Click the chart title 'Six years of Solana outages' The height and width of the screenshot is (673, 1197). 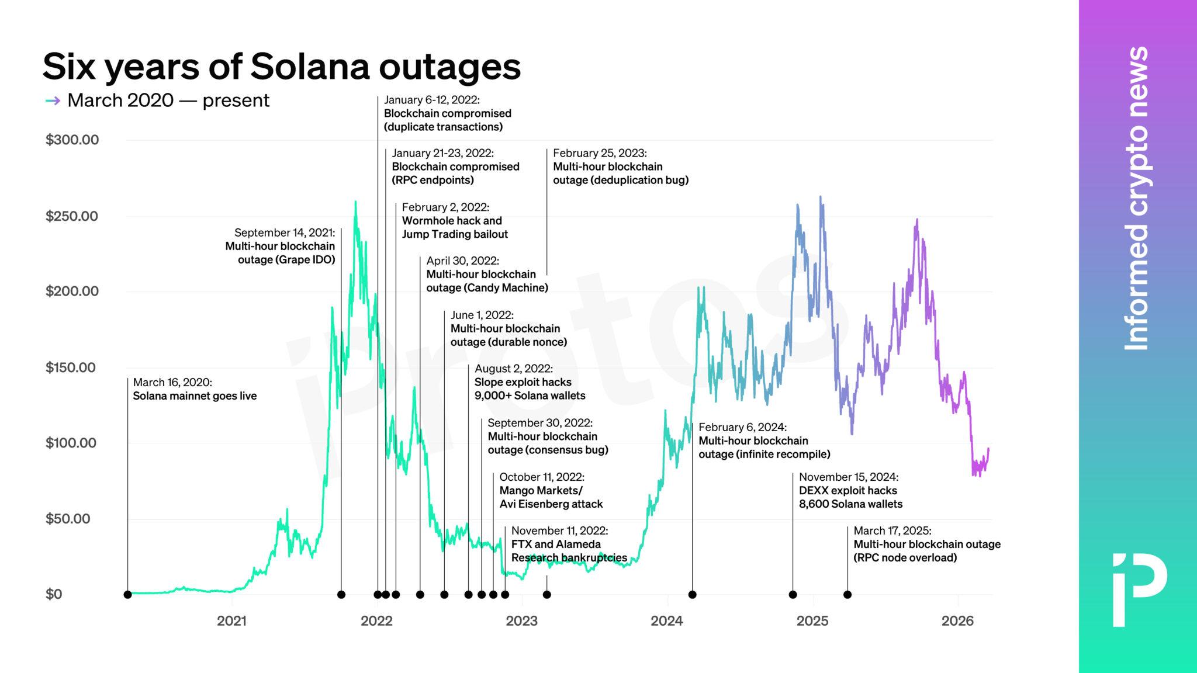[x=281, y=67]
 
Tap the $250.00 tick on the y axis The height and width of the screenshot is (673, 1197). [x=72, y=216]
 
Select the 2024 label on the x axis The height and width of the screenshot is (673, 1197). [x=667, y=621]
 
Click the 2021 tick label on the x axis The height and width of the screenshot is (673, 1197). [x=231, y=621]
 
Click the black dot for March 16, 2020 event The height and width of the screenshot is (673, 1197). [x=127, y=595]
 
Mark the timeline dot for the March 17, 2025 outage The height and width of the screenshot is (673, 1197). [x=847, y=595]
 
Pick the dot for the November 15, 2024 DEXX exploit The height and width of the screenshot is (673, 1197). [x=793, y=595]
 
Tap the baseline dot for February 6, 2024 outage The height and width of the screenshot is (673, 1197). [x=693, y=595]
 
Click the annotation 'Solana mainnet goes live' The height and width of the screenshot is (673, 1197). [x=195, y=396]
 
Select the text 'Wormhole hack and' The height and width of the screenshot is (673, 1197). [x=452, y=221]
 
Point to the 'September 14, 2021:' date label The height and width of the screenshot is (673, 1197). [x=285, y=233]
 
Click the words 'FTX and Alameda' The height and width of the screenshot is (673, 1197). [x=556, y=544]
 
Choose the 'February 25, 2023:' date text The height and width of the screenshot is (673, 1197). [x=600, y=153]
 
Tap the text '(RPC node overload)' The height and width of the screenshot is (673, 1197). [x=905, y=558]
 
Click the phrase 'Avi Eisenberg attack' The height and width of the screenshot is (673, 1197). [x=551, y=504]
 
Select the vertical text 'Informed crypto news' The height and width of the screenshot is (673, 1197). [x=1137, y=199]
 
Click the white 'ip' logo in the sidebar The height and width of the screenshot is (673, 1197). [x=1139, y=589]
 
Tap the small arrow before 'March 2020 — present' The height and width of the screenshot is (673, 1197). [x=53, y=100]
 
